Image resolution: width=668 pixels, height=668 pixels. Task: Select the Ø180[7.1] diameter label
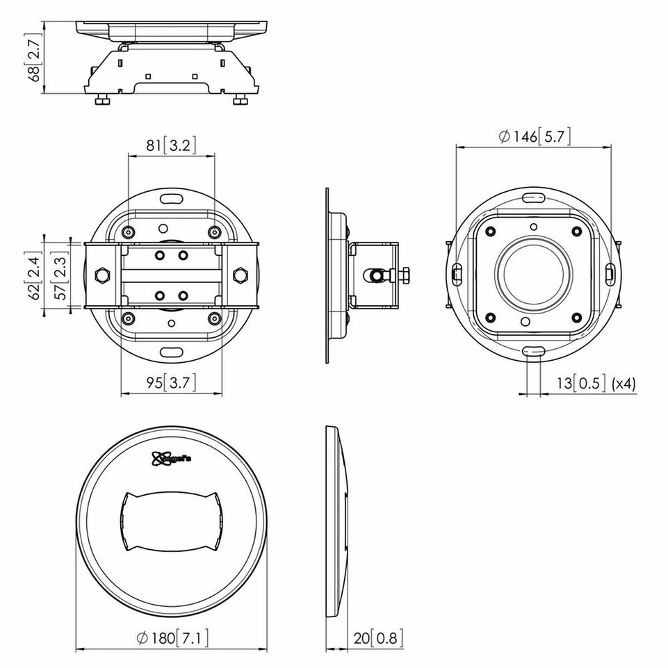pos(171,637)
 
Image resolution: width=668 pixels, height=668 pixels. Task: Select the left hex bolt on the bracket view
pos(101,275)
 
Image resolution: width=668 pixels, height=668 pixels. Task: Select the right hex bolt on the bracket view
pos(241,275)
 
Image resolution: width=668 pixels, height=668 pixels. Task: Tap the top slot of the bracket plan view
pos(171,199)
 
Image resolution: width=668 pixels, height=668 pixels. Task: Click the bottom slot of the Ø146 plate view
pos(534,352)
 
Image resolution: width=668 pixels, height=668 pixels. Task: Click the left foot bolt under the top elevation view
pos(101,101)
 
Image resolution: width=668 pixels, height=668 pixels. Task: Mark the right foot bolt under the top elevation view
pos(241,101)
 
